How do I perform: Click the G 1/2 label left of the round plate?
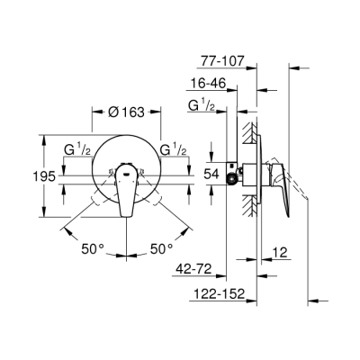click(x=76, y=148)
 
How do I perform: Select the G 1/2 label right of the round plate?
click(x=174, y=148)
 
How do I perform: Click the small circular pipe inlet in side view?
click(x=235, y=177)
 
